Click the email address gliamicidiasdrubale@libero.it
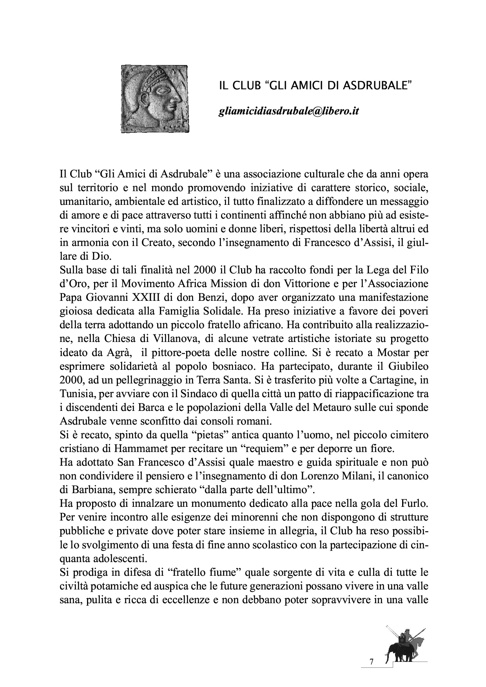(x=288, y=111)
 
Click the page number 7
(x=371, y=662)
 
